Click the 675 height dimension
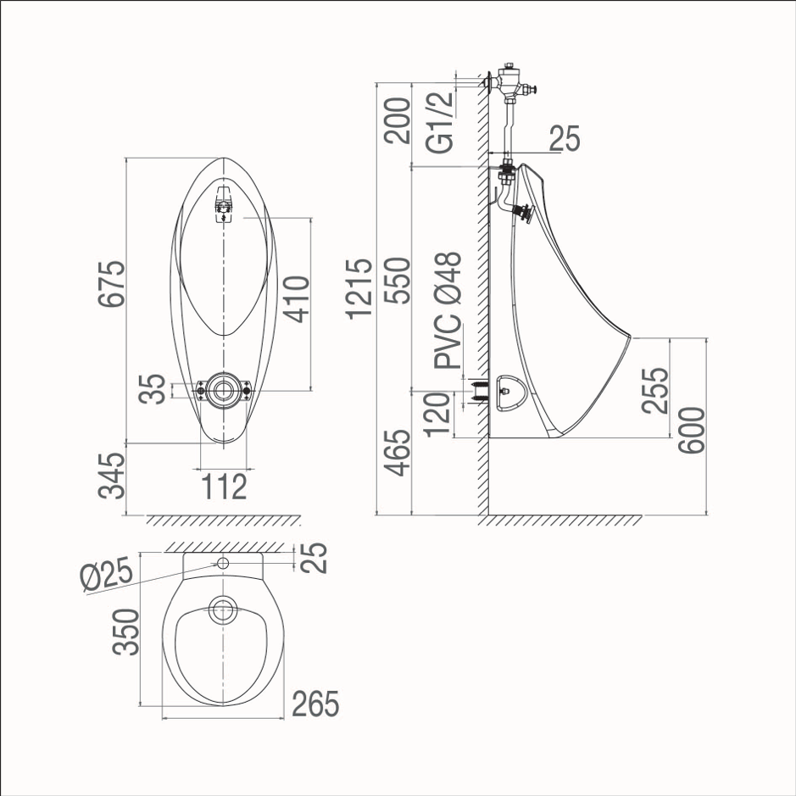[x=112, y=284]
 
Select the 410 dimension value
[x=296, y=299]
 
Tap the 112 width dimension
[x=224, y=487]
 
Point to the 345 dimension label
[x=112, y=476]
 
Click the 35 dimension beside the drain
[x=153, y=389]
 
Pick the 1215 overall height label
[x=359, y=289]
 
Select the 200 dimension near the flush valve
[x=397, y=120]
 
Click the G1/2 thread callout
[x=440, y=122]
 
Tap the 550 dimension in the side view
[x=397, y=281]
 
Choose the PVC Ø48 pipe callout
[x=448, y=309]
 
